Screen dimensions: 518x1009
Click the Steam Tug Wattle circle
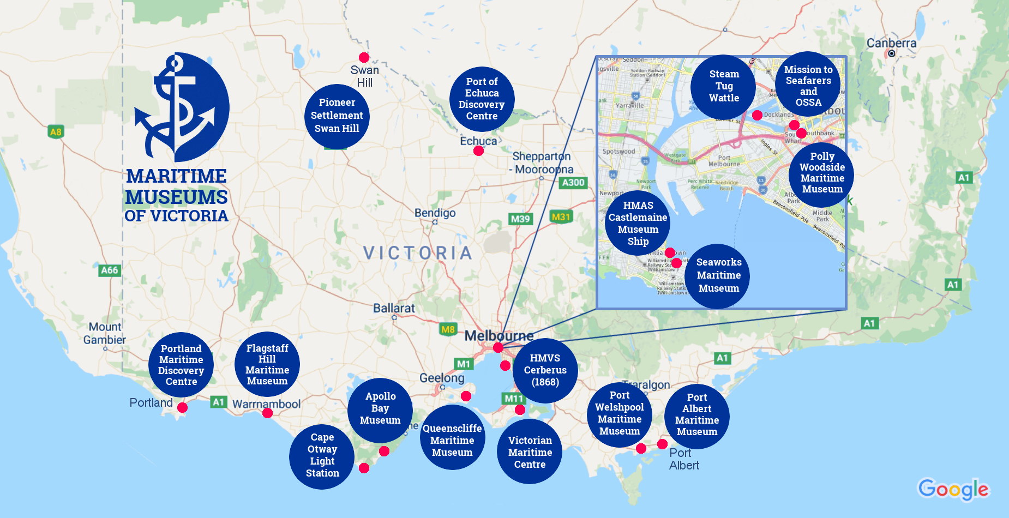click(723, 86)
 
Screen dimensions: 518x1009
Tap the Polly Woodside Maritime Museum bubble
click(821, 173)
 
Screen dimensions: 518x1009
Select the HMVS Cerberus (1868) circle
click(545, 370)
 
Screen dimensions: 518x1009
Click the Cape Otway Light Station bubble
click(322, 456)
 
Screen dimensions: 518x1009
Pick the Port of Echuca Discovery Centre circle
click(482, 99)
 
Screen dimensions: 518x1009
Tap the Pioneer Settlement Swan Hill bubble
click(337, 116)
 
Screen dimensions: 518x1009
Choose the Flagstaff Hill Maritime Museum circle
click(267, 364)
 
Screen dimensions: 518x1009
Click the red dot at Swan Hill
click(364, 57)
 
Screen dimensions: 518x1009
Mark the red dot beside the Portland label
click(182, 407)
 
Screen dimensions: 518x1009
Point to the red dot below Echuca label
click(478, 150)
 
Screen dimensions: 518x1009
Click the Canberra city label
click(891, 43)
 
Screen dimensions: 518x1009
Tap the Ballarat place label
click(394, 308)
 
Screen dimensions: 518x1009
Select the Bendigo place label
click(435, 213)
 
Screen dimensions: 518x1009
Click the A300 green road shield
click(573, 183)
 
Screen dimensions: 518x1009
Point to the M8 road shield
click(448, 329)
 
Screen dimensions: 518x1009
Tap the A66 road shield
click(109, 270)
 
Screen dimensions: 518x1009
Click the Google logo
click(953, 489)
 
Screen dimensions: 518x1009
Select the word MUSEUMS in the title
click(176, 197)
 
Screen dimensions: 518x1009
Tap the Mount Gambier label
click(105, 333)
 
